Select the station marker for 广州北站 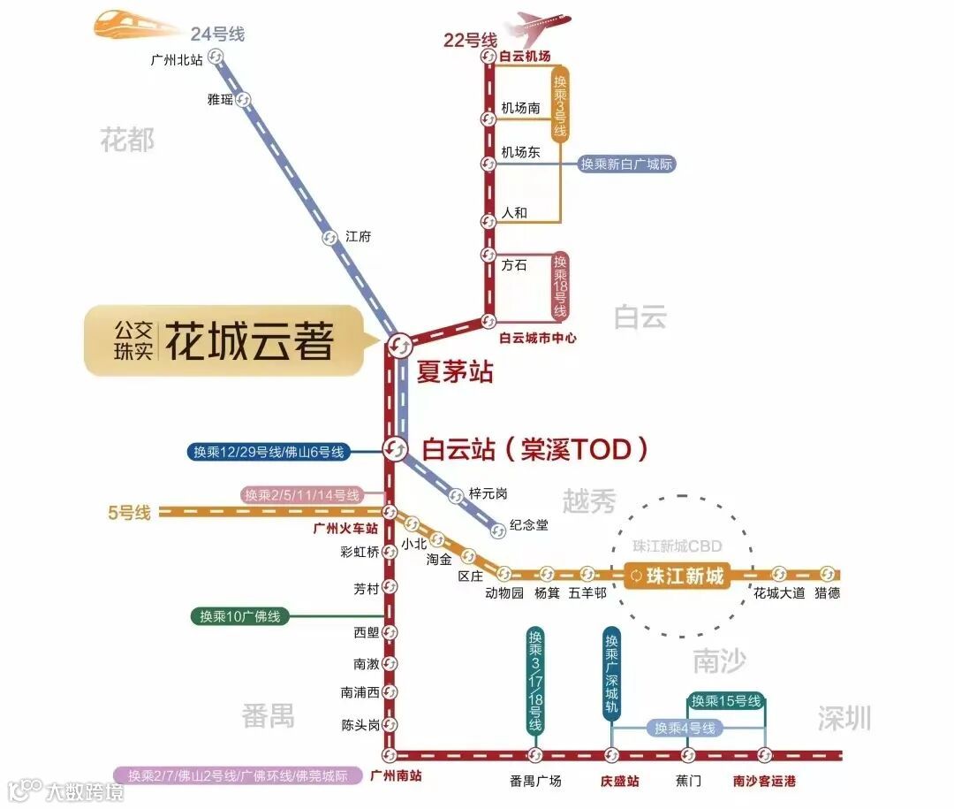click(x=216, y=57)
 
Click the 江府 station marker click(x=329, y=237)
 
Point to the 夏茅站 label click(x=455, y=370)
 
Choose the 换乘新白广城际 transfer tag click(x=627, y=164)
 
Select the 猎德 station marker click(x=828, y=574)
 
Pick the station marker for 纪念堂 click(x=498, y=530)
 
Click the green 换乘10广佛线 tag click(x=240, y=616)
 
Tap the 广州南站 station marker click(x=389, y=755)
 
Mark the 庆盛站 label click(x=619, y=782)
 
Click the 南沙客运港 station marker click(x=765, y=755)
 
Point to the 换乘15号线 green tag click(x=725, y=701)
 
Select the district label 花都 click(x=127, y=140)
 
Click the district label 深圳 click(x=844, y=718)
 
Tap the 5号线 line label click(x=130, y=512)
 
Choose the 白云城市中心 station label click(x=537, y=338)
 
